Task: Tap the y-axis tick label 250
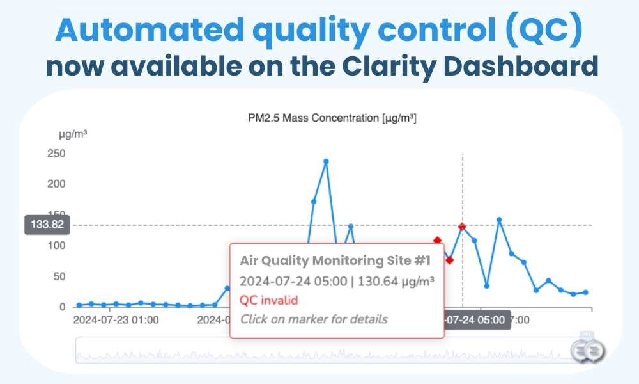pyautogui.click(x=56, y=153)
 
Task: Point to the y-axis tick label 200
pyautogui.click(x=56, y=184)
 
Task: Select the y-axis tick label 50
pyautogui.click(x=58, y=276)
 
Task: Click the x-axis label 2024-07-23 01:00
pyautogui.click(x=116, y=319)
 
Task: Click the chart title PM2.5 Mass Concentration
pyautogui.click(x=332, y=118)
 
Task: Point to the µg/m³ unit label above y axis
pyautogui.click(x=73, y=134)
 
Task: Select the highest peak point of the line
pyautogui.click(x=326, y=161)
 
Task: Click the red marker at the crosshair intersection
pyautogui.click(x=462, y=227)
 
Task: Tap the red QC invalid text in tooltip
pyautogui.click(x=269, y=300)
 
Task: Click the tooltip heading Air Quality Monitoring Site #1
pyautogui.click(x=335, y=260)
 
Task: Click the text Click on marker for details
pyautogui.click(x=314, y=319)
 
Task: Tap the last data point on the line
pyautogui.click(x=585, y=292)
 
